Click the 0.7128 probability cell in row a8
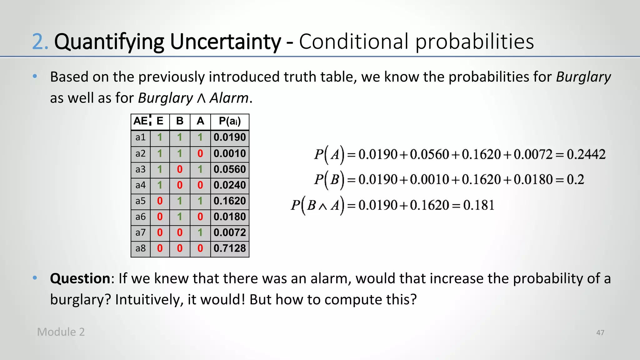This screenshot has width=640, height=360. [x=230, y=248]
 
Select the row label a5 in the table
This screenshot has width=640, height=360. [x=140, y=201]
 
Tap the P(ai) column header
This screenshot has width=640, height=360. [x=230, y=121]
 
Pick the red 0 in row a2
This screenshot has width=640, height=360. [x=200, y=153]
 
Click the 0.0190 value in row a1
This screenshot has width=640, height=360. [x=230, y=137]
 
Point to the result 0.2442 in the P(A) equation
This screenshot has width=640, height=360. [x=586, y=154]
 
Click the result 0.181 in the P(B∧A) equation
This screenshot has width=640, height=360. [x=478, y=205]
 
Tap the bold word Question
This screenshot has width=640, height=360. [x=80, y=278]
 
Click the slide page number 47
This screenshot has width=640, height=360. [x=600, y=333]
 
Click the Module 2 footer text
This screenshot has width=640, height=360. [x=61, y=332]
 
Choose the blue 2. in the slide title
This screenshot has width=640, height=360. [x=40, y=42]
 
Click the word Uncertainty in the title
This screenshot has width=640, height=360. [x=225, y=42]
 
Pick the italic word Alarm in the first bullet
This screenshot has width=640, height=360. [x=229, y=98]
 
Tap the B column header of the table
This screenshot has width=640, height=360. [x=180, y=121]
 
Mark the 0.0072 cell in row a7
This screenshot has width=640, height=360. [x=230, y=232]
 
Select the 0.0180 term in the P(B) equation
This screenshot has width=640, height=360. [x=533, y=180]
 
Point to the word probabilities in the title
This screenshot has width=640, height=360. [x=474, y=42]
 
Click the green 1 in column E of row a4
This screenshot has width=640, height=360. [x=160, y=185]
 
